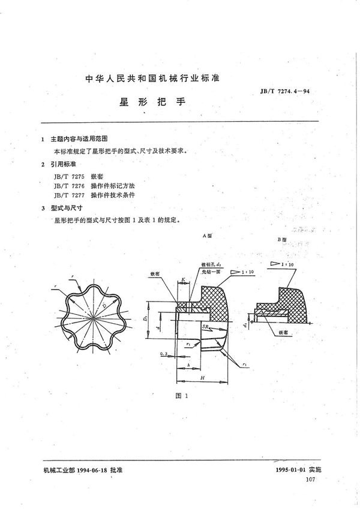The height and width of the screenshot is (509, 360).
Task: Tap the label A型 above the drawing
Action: click(x=211, y=237)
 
